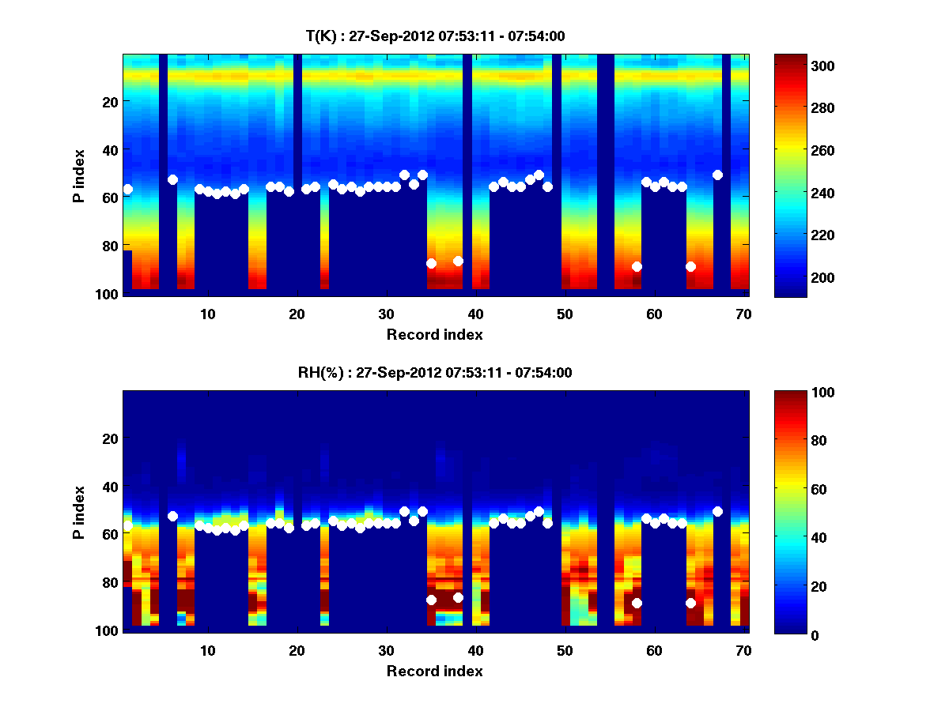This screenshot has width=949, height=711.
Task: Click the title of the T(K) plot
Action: coord(435,36)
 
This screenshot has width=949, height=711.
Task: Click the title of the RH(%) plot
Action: coord(435,372)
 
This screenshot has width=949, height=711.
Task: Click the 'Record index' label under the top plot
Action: coord(435,334)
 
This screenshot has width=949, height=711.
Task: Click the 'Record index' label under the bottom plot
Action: coord(435,671)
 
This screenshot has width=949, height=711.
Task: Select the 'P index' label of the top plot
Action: coord(79,174)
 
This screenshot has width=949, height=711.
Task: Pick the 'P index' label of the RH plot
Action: coord(79,510)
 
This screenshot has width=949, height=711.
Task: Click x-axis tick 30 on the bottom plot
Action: coord(386,649)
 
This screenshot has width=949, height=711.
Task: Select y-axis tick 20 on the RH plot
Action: coord(110,438)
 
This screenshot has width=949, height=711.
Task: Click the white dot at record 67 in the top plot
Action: coord(717,175)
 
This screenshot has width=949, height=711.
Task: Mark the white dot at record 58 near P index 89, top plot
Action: coord(637,266)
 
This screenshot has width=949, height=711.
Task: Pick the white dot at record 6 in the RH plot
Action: coord(172,516)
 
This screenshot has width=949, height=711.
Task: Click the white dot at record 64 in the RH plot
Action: coord(690,603)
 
